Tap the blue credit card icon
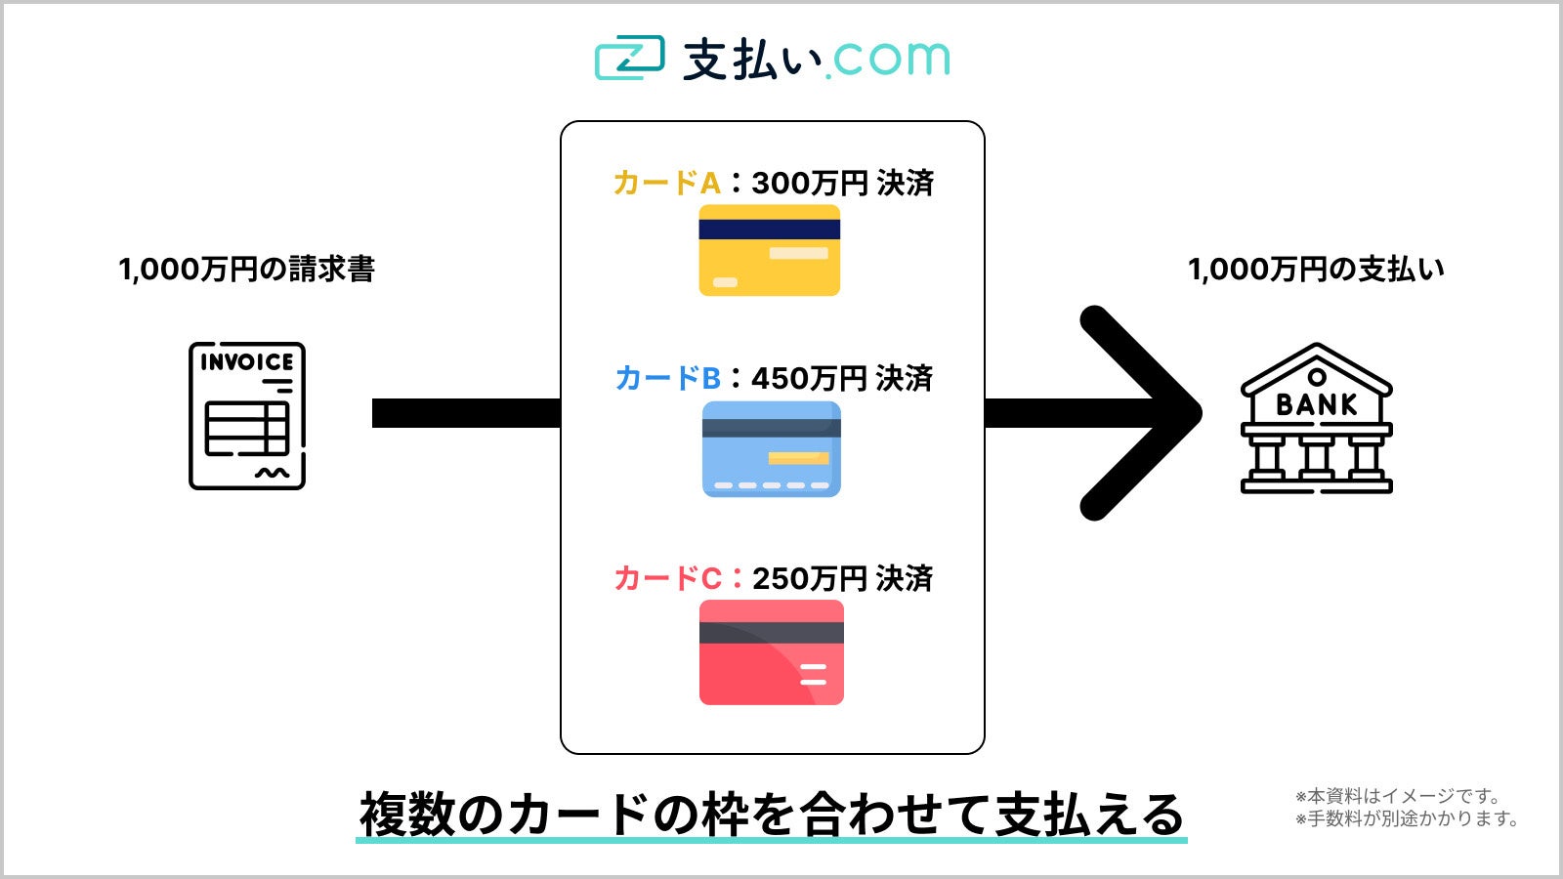pos(771,449)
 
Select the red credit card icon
pos(771,652)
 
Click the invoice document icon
pos(247,415)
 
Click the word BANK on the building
pos(1316,404)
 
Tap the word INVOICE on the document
pos(247,362)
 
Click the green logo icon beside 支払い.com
pos(629,59)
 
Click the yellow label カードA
pos(666,183)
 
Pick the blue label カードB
pos(667,378)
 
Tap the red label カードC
pos(667,578)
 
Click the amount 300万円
pos(809,183)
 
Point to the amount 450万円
pos(809,378)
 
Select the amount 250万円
pos(809,578)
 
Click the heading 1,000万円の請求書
pos(246,270)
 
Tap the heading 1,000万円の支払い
pos(1316,270)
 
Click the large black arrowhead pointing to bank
pos(1143,413)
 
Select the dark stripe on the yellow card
pos(769,230)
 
